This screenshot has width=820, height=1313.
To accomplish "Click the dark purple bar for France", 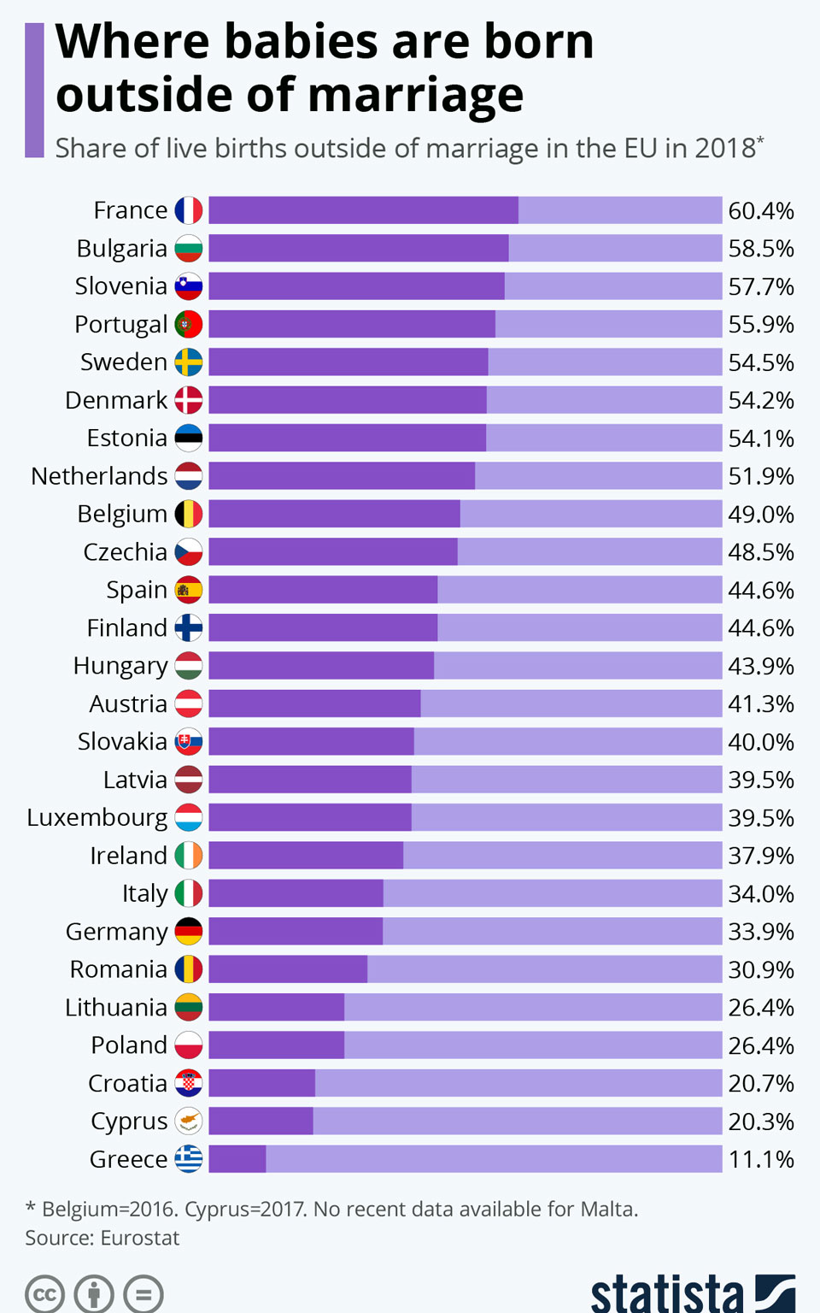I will (363, 210).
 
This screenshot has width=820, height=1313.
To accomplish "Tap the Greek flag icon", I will (189, 1159).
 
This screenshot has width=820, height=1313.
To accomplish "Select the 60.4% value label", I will (761, 210).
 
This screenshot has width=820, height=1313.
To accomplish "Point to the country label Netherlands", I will (99, 476).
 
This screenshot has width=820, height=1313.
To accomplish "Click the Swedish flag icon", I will (189, 362).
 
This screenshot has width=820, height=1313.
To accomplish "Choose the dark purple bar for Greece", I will (237, 1159).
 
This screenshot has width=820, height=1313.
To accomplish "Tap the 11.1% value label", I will (761, 1159).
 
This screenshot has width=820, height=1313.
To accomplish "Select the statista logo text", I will (667, 1292).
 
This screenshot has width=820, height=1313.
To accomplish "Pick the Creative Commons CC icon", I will (44, 1294).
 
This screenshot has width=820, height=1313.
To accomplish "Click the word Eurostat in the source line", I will (140, 1238).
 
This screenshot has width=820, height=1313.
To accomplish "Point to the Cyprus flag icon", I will (189, 1121).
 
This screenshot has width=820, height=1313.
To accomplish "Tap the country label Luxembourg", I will (97, 818).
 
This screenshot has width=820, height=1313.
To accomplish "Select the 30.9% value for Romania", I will (761, 969).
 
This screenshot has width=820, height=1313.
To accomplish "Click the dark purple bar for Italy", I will (296, 893).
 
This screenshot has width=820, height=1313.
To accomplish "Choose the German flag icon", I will (189, 931).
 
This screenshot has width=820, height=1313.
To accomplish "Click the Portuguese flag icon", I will (189, 324).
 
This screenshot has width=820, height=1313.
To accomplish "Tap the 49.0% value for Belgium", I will (761, 514).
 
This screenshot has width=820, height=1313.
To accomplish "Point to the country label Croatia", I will (128, 1083).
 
